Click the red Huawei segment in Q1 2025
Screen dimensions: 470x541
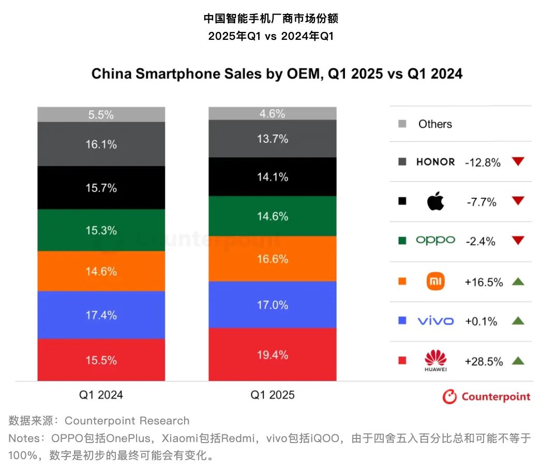[x=273, y=355]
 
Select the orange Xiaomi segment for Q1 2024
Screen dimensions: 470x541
[x=101, y=271]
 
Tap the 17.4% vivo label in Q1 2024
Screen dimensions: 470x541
[x=101, y=315]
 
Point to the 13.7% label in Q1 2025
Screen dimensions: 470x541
[x=273, y=139]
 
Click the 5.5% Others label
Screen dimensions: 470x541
[x=101, y=115]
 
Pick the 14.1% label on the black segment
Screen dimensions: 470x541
[x=273, y=177]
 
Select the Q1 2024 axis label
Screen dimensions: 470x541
[x=101, y=395]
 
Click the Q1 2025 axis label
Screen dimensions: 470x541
[x=273, y=395]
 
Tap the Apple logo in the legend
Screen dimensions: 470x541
[x=435, y=201]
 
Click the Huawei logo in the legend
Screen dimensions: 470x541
[x=435, y=360]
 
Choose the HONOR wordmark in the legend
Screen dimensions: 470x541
[x=435, y=162]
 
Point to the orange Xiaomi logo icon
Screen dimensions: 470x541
[x=435, y=282]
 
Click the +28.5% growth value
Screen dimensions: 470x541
[x=484, y=361]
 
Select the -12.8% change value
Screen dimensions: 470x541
[x=483, y=163]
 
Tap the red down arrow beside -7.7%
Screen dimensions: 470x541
[x=518, y=201]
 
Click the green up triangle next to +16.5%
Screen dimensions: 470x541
[x=518, y=282]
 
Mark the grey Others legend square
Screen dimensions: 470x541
[x=402, y=124]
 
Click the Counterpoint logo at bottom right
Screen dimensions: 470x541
[x=486, y=396]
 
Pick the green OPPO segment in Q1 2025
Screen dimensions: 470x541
[x=273, y=216]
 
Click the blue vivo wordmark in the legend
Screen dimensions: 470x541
[x=435, y=321]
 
